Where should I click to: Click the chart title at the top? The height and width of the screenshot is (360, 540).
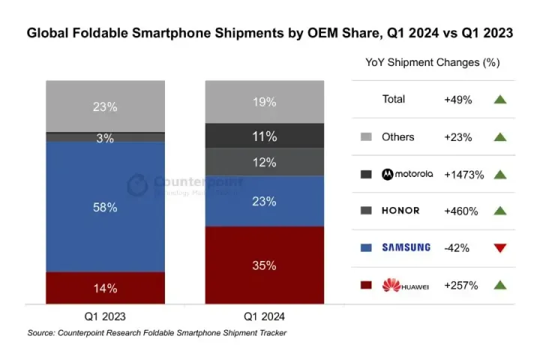click(270, 33)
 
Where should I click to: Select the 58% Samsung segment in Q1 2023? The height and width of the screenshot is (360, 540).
click(105, 207)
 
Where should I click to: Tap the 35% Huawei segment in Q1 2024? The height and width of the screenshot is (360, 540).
click(265, 265)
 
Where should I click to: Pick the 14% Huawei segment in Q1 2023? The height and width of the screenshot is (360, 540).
click(105, 288)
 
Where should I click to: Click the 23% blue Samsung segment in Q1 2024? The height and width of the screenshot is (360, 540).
click(265, 201)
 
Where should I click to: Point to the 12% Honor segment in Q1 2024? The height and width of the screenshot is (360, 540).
click(265, 162)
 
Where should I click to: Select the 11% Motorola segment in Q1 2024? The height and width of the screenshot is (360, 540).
click(265, 136)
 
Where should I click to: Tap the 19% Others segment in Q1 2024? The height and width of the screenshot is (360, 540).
click(265, 101)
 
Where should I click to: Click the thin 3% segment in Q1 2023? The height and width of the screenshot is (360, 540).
click(105, 138)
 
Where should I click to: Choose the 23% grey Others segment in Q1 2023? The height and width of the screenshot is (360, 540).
click(105, 106)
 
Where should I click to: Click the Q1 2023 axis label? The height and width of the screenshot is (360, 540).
click(105, 316)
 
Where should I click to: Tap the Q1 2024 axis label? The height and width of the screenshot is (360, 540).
click(265, 316)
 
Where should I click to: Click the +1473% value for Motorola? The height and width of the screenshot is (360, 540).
click(464, 174)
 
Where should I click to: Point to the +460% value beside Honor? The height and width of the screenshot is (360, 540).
click(461, 211)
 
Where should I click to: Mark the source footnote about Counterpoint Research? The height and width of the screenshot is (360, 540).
click(157, 332)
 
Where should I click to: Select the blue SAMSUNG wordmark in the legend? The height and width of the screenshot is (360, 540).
click(406, 247)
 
